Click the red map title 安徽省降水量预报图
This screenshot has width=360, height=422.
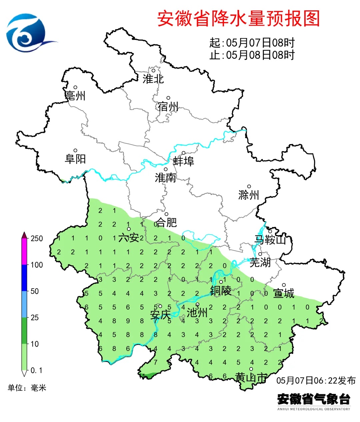tap(238, 18)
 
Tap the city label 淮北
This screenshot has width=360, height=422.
tap(153, 79)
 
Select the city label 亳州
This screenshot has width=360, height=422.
tap(75, 96)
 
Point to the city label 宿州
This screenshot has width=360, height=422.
tap(168, 107)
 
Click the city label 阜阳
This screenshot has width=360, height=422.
tap(75, 159)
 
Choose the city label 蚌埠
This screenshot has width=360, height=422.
tap(183, 161)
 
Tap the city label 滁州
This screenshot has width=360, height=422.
tap(249, 195)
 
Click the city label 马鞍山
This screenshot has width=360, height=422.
tap(270, 240)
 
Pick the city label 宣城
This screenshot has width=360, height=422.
tap(284, 293)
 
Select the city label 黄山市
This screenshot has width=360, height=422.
tap(251, 377)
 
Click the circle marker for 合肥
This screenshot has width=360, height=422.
tap(166, 214)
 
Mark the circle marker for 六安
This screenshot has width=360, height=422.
tap(129, 229)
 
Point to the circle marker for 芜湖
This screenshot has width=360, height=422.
tap(260, 254)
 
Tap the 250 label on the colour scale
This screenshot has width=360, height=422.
tap(37, 239)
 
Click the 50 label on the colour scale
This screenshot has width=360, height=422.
tap(35, 291)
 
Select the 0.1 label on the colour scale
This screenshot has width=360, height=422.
tap(36, 370)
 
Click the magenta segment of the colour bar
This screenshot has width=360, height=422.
tap(24, 252)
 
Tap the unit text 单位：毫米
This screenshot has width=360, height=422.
tap(27, 388)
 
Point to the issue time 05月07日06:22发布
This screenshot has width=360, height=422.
tap(316, 380)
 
